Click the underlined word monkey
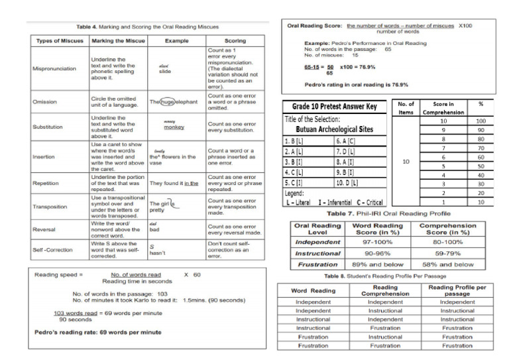174,127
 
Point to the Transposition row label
50,206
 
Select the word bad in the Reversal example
156,230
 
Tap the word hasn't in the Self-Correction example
158,253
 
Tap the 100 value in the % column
481,121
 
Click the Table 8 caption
385,276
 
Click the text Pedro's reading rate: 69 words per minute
99,331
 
